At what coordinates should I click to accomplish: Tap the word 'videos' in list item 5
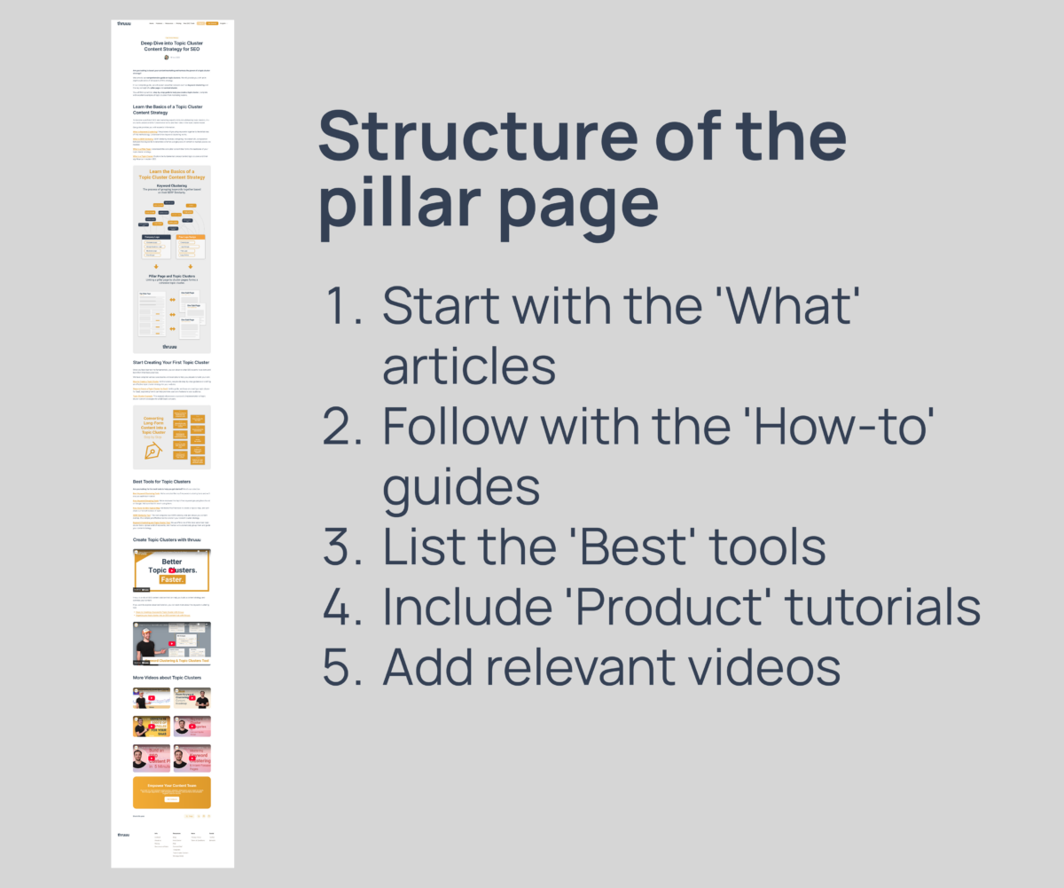[x=755, y=667]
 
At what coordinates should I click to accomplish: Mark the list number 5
[x=341, y=667]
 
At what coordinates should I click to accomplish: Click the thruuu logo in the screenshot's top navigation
[x=123, y=24]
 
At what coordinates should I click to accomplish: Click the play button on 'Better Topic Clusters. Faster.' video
[x=172, y=570]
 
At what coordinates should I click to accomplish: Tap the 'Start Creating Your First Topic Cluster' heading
[x=171, y=363]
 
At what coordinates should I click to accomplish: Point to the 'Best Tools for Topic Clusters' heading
[x=161, y=482]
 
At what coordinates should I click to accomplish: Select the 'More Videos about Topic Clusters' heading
[x=167, y=678]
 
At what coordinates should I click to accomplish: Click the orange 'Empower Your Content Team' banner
[x=172, y=792]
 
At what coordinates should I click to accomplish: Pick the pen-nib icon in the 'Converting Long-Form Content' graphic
[x=153, y=452]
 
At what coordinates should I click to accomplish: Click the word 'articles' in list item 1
[x=469, y=365]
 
